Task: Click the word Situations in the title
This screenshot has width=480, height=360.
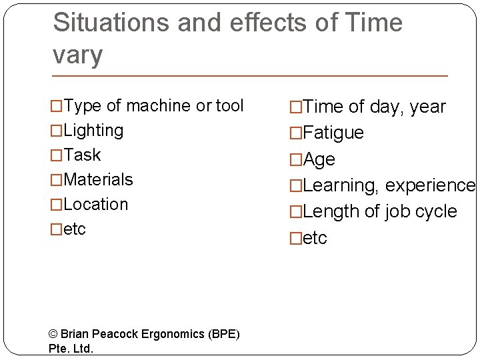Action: [x=111, y=23]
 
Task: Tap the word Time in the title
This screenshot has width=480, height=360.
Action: [x=374, y=23]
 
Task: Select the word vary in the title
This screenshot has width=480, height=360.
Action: [x=78, y=55]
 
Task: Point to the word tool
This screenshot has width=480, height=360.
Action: [x=229, y=105]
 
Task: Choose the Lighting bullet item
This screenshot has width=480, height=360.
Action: [x=93, y=130]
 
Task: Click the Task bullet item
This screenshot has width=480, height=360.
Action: [x=82, y=155]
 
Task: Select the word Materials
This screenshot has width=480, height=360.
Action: [x=98, y=179]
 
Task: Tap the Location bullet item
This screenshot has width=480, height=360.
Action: [x=95, y=204]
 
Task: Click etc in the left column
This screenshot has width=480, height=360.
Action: [x=75, y=229]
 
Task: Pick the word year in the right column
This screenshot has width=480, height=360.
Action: [x=428, y=107]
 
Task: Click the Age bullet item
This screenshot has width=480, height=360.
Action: [x=319, y=159]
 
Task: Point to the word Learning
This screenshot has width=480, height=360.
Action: [x=339, y=185]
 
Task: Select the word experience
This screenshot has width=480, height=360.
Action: [x=430, y=185]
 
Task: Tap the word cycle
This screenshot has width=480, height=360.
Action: [x=436, y=211]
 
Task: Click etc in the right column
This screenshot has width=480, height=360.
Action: [x=315, y=238]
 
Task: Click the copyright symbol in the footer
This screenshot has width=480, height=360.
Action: [x=53, y=334]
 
